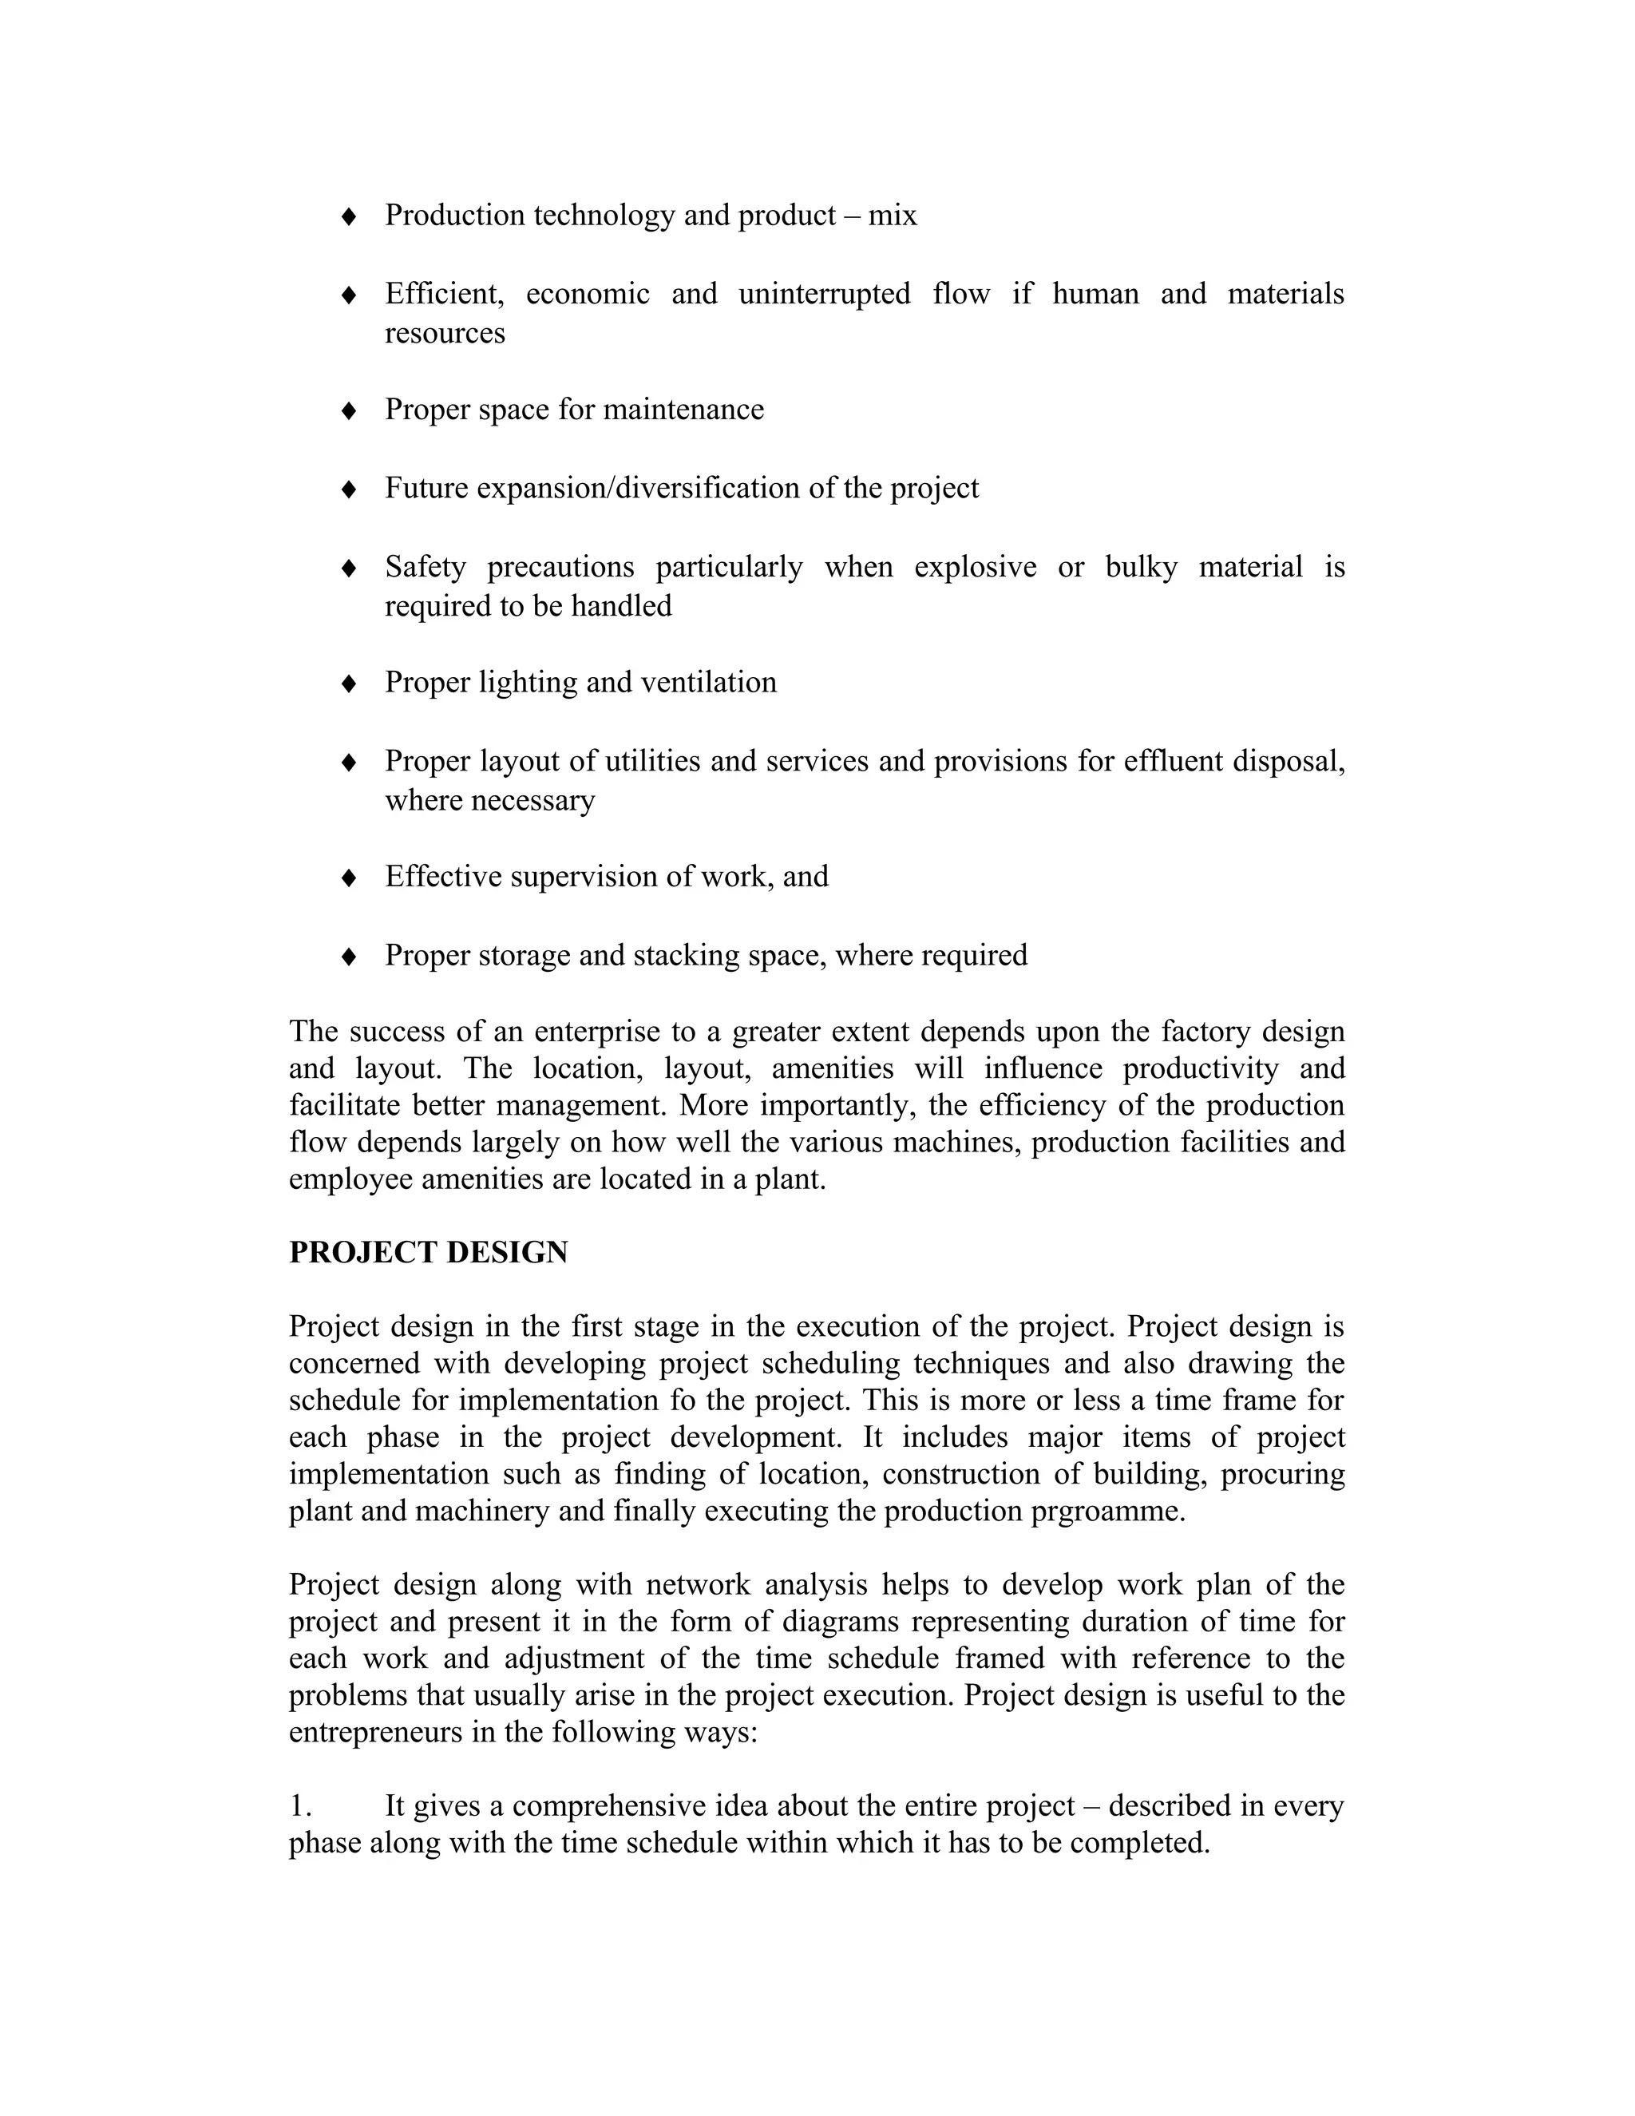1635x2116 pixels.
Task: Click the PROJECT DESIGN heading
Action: pos(428,1253)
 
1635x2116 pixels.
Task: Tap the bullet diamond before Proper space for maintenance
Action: pos(350,410)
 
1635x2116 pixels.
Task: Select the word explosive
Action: pos(976,567)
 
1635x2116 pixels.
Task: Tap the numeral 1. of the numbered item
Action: pos(301,1806)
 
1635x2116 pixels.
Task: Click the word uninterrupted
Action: pos(824,294)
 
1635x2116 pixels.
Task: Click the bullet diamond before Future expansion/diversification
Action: pos(350,489)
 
